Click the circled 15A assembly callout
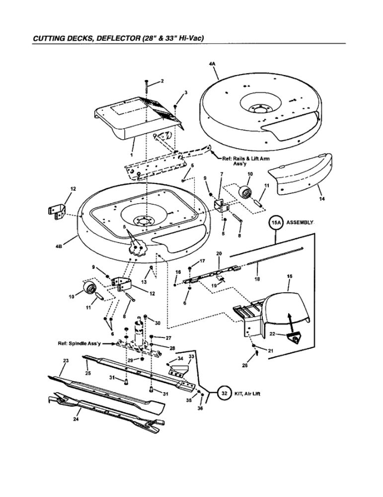[x=276, y=224]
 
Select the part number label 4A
[x=213, y=64]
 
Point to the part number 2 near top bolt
[x=162, y=81]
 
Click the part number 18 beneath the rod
[x=257, y=279]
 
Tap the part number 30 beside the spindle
[x=157, y=323]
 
